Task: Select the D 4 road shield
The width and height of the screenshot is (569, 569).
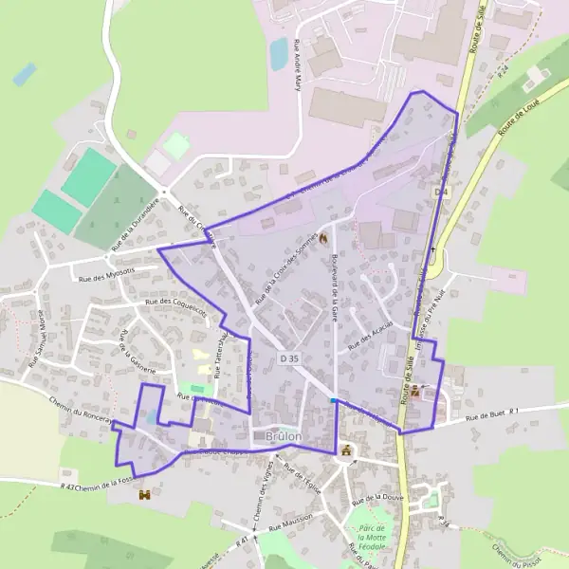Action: [440, 192]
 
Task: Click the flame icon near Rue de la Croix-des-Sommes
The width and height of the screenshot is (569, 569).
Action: [323, 239]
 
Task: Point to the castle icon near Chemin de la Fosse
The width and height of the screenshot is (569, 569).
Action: [144, 494]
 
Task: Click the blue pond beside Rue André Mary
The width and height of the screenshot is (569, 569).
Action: [279, 55]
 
